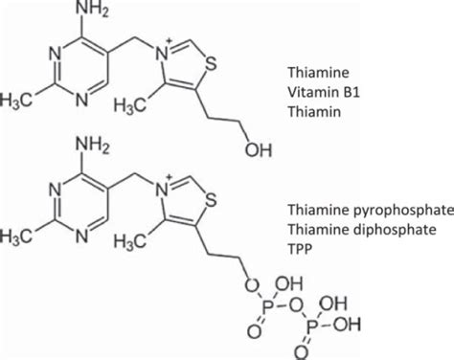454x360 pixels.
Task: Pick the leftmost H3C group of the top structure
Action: point(20,102)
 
